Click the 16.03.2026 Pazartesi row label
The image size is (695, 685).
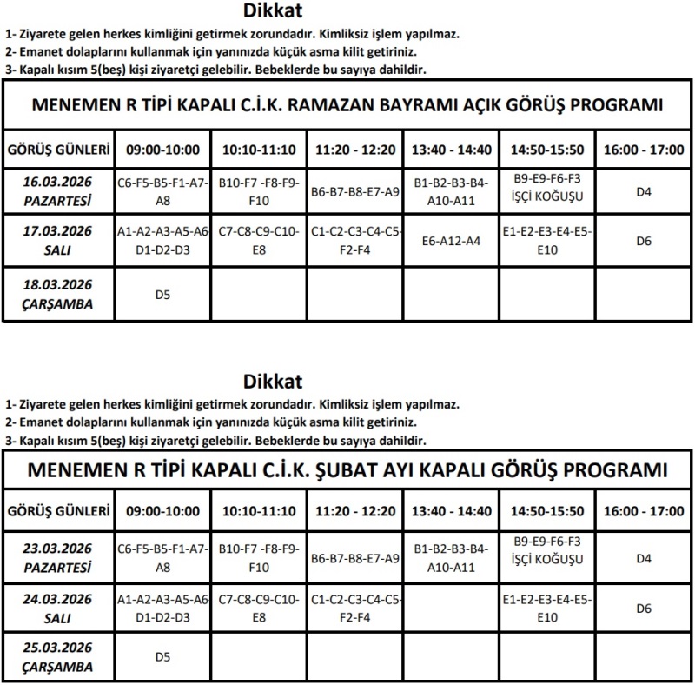click(x=57, y=191)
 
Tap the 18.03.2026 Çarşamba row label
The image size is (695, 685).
click(x=57, y=294)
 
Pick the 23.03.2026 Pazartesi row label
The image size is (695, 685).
click(x=57, y=558)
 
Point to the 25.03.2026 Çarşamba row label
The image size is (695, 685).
click(x=57, y=658)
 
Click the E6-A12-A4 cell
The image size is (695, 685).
click(x=450, y=241)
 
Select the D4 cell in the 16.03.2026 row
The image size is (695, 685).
click(x=643, y=191)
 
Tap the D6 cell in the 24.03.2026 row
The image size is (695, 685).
click(x=643, y=609)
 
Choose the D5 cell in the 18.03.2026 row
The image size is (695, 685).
click(x=162, y=295)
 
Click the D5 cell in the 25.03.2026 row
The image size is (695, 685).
click(x=162, y=657)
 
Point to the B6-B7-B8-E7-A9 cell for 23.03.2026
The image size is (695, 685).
click(x=354, y=559)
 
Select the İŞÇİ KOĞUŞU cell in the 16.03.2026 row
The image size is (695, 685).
click(x=547, y=194)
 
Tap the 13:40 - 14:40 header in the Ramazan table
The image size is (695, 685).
click(x=450, y=150)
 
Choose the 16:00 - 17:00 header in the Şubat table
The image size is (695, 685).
click(x=643, y=511)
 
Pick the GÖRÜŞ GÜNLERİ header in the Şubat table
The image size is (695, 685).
click(x=57, y=511)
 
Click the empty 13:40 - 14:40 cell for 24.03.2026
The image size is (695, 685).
click(x=450, y=609)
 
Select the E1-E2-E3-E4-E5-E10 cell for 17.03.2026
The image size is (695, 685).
click(x=547, y=241)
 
